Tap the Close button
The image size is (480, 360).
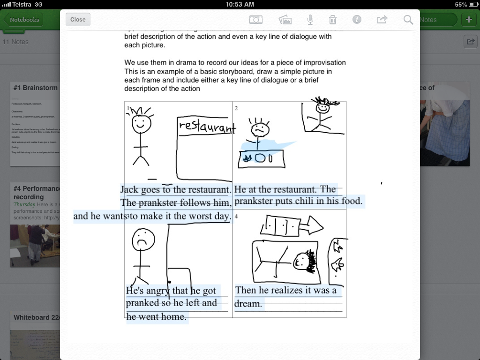coord(78,19)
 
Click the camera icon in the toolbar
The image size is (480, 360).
coord(255,19)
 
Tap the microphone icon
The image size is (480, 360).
coord(310,19)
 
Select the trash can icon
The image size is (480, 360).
coord(332,19)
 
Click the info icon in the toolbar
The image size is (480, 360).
coord(357,19)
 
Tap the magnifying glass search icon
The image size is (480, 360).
coord(408,19)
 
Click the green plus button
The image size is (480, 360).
coord(469,19)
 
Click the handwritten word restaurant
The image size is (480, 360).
coord(207,126)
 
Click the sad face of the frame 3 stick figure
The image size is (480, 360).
coord(143,240)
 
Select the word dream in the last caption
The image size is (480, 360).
coord(248,304)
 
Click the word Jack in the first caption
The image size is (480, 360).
coord(129,189)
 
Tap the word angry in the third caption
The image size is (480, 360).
coord(157,291)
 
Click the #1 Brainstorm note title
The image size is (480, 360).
coord(36,88)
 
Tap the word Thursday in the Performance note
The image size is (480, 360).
coord(24,204)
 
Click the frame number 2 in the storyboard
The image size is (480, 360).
coord(236,108)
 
